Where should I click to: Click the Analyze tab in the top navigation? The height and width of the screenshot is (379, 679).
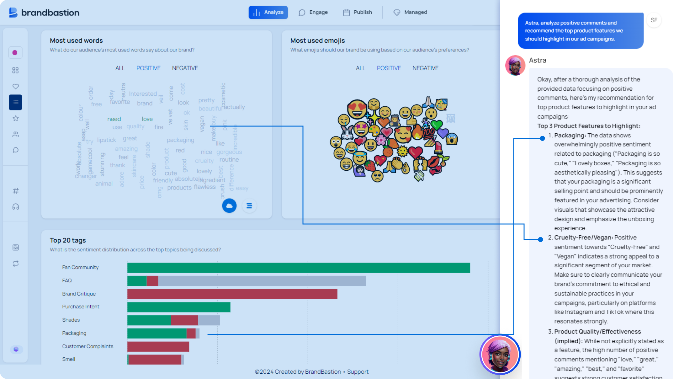coord(268,13)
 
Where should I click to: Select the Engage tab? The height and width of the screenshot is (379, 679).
coord(313,13)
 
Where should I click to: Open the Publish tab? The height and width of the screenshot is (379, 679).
coord(358,13)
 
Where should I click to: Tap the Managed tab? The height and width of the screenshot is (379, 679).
coord(410,13)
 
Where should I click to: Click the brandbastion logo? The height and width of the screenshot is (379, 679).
coord(44,13)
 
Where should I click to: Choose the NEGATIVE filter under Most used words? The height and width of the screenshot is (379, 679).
coord(185,68)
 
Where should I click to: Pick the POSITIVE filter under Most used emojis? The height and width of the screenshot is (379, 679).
coord(389,68)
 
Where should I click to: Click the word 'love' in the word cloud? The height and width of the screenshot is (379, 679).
coord(147,119)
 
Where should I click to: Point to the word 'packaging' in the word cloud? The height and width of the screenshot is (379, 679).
coord(180,140)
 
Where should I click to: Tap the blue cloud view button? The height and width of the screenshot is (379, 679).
coord(229,206)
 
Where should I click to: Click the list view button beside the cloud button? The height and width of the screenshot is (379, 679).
coord(249,206)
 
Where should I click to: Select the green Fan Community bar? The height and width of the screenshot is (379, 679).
coord(298,268)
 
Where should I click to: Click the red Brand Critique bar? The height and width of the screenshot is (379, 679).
coord(232,294)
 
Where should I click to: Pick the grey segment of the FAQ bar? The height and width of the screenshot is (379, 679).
coord(262,281)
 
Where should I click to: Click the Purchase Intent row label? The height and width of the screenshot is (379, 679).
coord(81,307)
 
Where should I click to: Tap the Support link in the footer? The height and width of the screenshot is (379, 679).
coord(358,372)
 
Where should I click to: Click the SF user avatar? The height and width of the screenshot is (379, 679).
coord(654,20)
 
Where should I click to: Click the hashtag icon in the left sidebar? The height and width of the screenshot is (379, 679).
coord(16,191)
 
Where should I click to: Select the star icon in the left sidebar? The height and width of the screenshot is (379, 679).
coord(16,118)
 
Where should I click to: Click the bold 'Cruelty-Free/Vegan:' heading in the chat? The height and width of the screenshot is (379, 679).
coord(583,238)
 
